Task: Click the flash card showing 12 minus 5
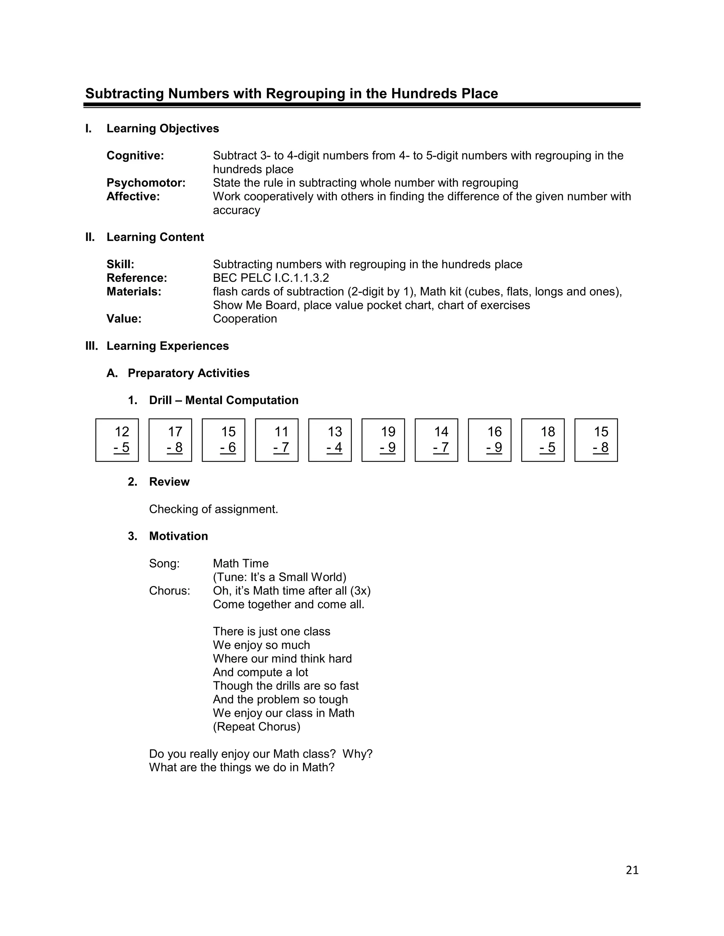(x=117, y=440)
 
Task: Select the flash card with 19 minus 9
(x=383, y=440)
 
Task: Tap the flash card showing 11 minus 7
(x=277, y=440)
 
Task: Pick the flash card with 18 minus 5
(x=543, y=440)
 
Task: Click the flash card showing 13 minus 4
(x=330, y=440)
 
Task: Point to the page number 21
(x=632, y=870)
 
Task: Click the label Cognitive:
(x=135, y=155)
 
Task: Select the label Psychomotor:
(x=146, y=183)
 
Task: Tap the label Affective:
(x=133, y=197)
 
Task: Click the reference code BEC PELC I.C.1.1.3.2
(x=271, y=278)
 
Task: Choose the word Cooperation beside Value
(x=245, y=319)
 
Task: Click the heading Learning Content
(x=155, y=237)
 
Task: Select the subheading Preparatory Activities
(x=188, y=373)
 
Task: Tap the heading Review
(x=169, y=482)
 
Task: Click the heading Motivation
(x=179, y=536)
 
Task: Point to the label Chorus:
(x=169, y=591)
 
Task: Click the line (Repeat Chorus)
(x=257, y=727)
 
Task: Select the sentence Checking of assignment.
(x=214, y=509)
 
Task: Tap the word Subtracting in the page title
(x=124, y=94)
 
